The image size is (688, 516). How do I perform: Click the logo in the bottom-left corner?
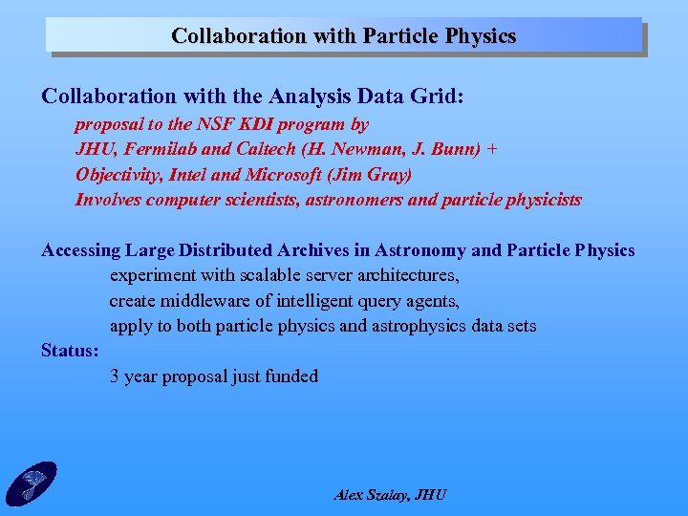tap(31, 484)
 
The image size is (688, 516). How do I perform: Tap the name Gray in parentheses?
tap(391, 175)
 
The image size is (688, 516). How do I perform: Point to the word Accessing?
tap(80, 250)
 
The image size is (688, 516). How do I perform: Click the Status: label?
tap(70, 351)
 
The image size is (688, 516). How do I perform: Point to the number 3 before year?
tap(115, 376)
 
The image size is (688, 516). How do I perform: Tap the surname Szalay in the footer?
tap(386, 495)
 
